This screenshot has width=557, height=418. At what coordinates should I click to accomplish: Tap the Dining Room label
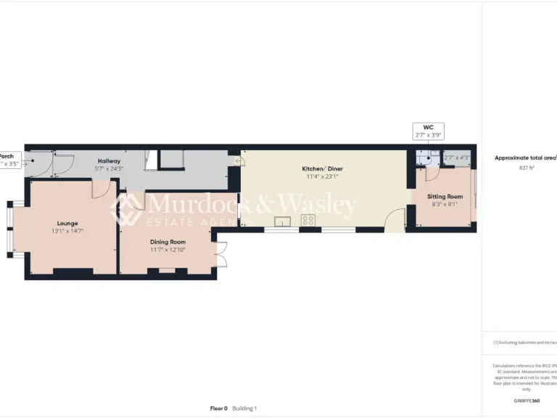[x=168, y=242]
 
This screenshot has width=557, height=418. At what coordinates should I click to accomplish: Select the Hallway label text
[x=109, y=161]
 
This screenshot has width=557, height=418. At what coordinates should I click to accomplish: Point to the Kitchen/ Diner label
[x=322, y=168]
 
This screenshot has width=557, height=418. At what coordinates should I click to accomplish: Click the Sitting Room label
[x=445, y=197]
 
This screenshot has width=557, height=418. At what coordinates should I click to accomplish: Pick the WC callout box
[x=428, y=131]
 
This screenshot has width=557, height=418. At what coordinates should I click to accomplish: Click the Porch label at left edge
[x=7, y=156]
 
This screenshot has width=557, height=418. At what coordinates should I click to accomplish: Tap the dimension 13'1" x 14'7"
[x=67, y=231]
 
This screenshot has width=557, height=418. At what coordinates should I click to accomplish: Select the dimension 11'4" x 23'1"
[x=322, y=176]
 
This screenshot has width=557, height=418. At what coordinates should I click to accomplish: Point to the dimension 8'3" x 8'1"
[x=445, y=204]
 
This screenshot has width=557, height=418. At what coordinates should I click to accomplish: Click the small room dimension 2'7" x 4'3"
[x=457, y=157]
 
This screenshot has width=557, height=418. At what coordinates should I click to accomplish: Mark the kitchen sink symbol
[x=281, y=222]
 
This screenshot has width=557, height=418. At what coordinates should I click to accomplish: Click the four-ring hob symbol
[x=308, y=221]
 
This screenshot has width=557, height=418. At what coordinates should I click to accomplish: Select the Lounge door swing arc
[x=102, y=187]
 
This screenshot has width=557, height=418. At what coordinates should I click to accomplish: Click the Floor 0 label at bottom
[x=218, y=409]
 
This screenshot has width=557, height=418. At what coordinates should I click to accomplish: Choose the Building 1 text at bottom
[x=244, y=409]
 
